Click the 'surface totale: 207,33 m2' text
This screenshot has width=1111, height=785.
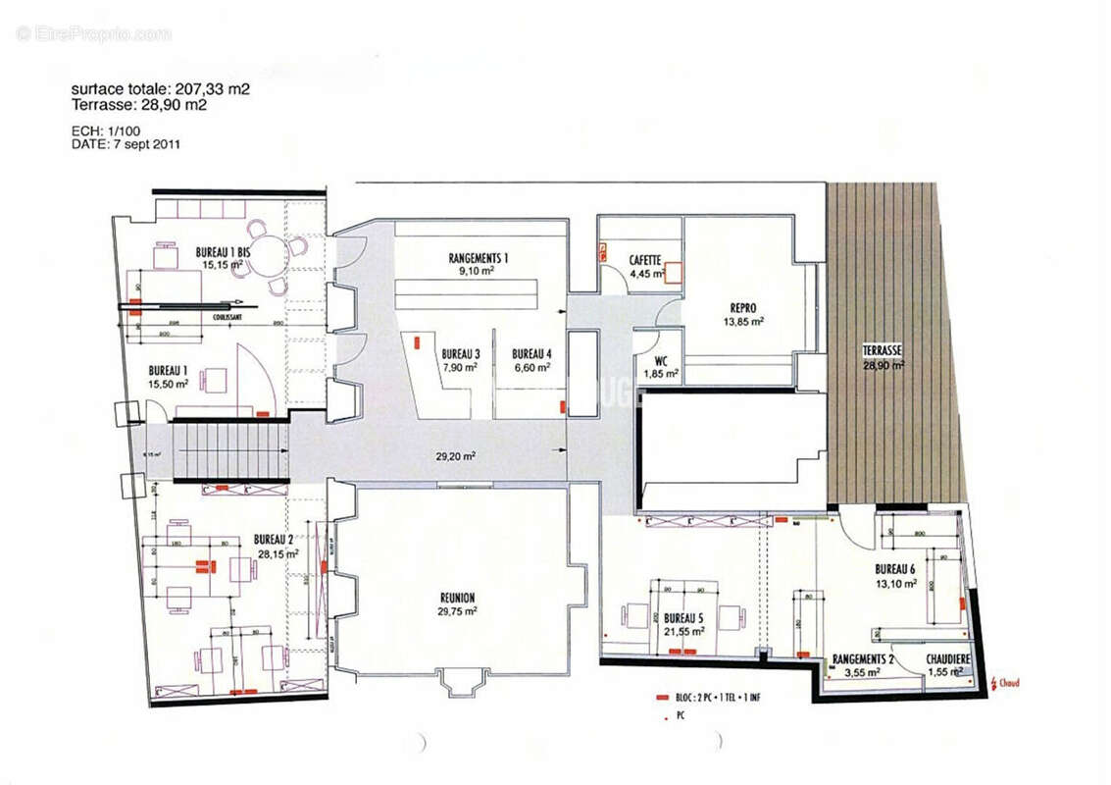click(x=160, y=88)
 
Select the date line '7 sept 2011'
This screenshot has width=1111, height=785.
click(x=125, y=144)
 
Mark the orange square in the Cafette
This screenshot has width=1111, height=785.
click(x=673, y=273)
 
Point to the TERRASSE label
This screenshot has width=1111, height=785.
click(x=883, y=351)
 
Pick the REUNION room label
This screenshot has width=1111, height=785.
click(x=457, y=598)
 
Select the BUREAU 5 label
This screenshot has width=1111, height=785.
click(x=683, y=619)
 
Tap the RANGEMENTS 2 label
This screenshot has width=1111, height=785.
click(x=863, y=659)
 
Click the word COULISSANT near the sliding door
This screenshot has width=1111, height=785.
click(x=227, y=317)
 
